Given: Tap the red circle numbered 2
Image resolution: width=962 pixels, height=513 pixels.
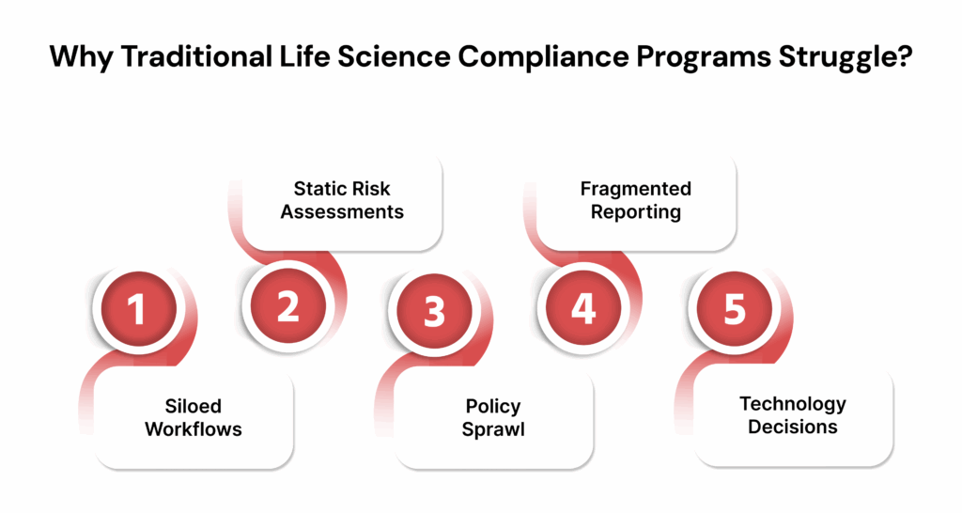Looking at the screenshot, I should [287, 306].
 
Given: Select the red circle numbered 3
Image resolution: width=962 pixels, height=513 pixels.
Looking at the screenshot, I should [434, 311].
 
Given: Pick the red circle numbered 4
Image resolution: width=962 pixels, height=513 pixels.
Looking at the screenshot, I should [584, 306].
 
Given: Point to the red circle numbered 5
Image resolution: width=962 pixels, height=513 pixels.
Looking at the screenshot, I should [734, 311].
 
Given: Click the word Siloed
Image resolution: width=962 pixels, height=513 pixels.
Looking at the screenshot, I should [194, 407].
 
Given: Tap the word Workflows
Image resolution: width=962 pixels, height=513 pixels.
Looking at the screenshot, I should [194, 429].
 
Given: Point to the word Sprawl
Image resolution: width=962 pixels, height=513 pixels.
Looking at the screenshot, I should [493, 429].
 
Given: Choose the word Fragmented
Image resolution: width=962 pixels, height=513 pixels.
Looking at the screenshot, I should [636, 188].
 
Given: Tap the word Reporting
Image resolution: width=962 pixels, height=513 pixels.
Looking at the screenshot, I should [636, 211].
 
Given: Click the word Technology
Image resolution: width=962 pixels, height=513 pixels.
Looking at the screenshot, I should [793, 404].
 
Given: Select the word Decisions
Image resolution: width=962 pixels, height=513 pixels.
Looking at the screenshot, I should [793, 427].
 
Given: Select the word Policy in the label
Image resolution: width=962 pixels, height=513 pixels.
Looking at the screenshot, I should [493, 407].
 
